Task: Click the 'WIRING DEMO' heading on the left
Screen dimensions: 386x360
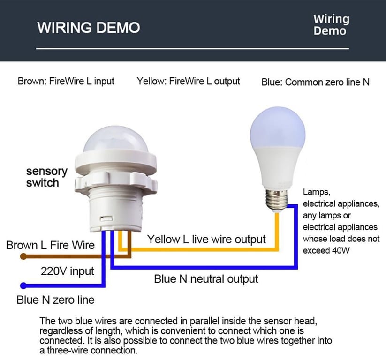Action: pos(89,27)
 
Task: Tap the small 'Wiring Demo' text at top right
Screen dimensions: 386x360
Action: pos(331,25)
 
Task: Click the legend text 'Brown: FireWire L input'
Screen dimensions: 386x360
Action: pos(66,81)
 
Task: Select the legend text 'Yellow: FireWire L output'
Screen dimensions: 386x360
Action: pos(189,81)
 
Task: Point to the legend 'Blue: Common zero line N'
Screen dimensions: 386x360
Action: pos(315,82)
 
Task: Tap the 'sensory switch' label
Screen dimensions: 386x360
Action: pos(46,177)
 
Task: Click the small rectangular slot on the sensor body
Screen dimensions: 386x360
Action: pos(106,218)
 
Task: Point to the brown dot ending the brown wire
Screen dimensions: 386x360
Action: pos(23,257)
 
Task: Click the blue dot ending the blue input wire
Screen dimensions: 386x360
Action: pos(23,285)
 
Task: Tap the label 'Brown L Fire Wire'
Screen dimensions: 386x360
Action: pos(51,245)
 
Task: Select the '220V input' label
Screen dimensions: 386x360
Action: pos(68,271)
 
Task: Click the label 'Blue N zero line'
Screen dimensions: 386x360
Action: pos(56,300)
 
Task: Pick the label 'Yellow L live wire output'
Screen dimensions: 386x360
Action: pos(206,239)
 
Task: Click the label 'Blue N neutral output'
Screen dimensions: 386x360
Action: pos(206,279)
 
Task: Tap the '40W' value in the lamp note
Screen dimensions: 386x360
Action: pos(341,250)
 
